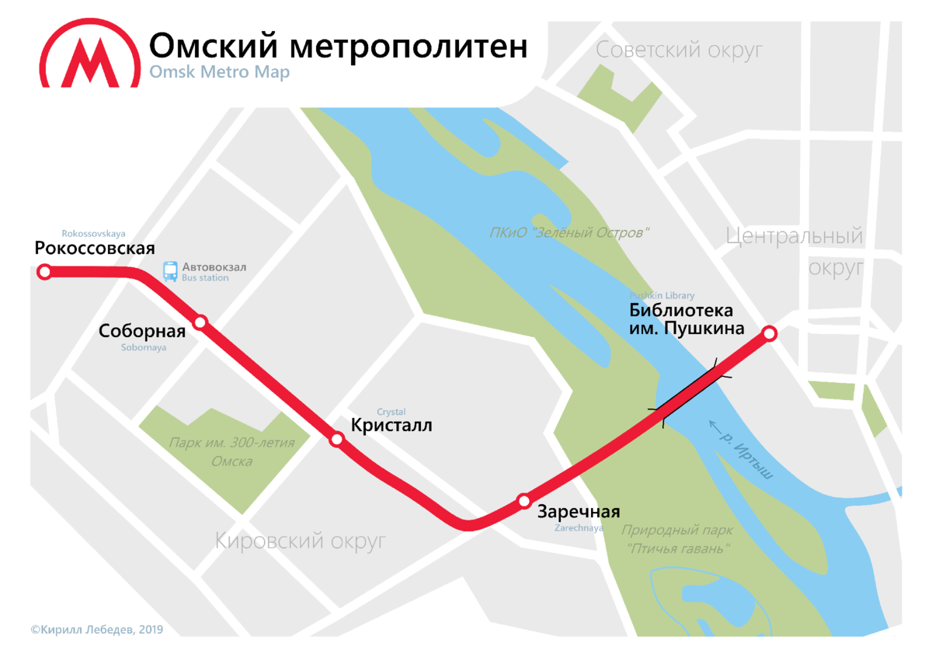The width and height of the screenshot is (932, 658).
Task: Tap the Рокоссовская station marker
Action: click(45, 272)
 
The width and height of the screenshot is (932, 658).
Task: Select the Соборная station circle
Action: click(200, 322)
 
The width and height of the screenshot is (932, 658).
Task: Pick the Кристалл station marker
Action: click(337, 440)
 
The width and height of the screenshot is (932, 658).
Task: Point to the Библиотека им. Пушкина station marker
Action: click(769, 334)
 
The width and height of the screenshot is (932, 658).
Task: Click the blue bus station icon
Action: click(170, 271)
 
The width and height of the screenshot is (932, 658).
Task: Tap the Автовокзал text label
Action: click(214, 267)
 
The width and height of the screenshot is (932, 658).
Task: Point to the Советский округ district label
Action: click(679, 51)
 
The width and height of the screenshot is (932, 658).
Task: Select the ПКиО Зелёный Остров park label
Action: click(569, 232)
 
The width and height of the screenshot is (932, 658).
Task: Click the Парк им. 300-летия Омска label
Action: click(232, 452)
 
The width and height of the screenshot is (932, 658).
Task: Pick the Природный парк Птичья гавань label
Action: click(676, 539)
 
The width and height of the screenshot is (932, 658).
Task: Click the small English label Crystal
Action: click(391, 412)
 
